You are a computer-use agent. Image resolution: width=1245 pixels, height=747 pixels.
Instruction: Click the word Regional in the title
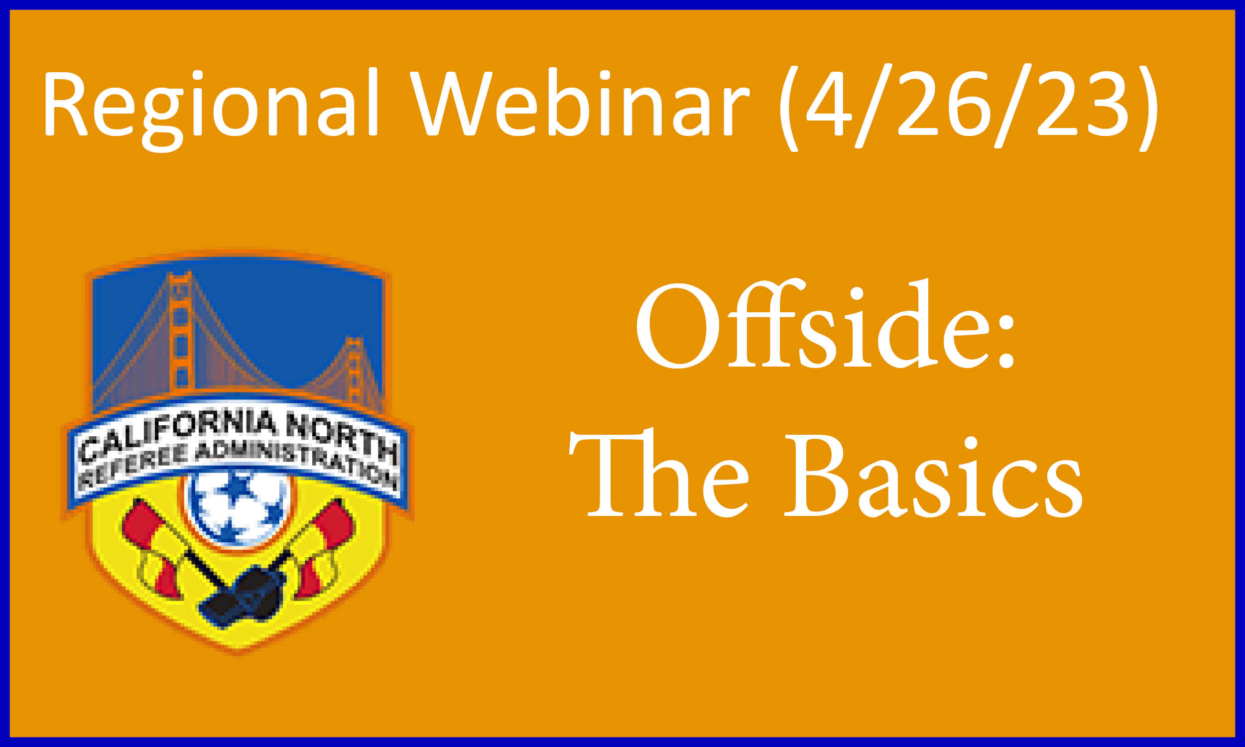tap(210, 108)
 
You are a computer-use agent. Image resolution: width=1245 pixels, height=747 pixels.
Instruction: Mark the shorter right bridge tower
tap(354, 371)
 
